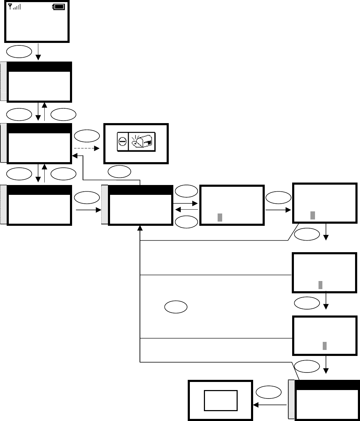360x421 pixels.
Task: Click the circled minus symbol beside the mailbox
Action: coord(122,144)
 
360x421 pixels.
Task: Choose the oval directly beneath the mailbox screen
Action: coord(119,171)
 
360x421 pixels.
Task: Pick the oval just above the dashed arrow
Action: coord(86,136)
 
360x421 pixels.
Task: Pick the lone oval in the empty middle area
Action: coord(175,307)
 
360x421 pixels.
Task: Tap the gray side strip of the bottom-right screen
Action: coord(291,400)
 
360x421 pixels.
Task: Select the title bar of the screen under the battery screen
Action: coord(39,67)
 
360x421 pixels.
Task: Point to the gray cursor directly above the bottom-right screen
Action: coord(325,345)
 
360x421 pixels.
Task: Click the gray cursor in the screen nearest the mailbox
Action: coord(220,217)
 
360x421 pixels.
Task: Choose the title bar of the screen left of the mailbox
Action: coord(39,128)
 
